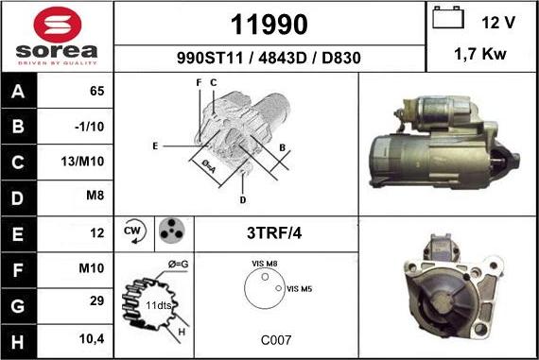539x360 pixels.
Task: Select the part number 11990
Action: (x=269, y=23)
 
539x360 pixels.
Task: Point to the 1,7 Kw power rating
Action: (x=480, y=55)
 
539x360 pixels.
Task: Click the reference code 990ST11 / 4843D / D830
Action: (x=269, y=58)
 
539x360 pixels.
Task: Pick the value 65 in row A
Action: (x=96, y=92)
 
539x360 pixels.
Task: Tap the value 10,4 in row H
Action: (x=91, y=337)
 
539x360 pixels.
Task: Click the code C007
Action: (x=275, y=338)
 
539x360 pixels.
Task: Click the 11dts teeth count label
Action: (x=159, y=306)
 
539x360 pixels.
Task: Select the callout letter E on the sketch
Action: (x=154, y=146)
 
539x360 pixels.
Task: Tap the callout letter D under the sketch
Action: (x=242, y=199)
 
